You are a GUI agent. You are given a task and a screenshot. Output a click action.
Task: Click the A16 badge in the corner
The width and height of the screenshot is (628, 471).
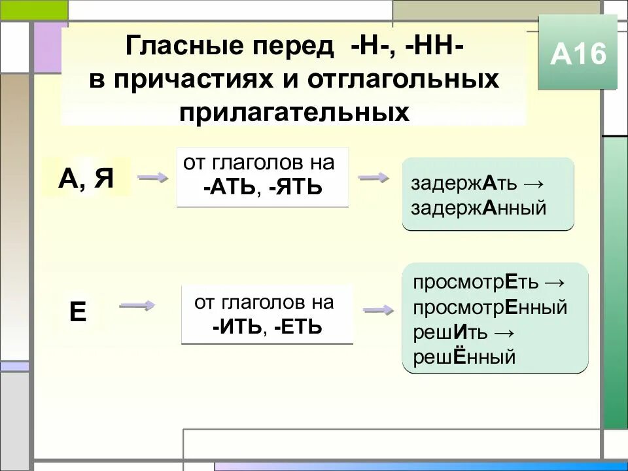578,54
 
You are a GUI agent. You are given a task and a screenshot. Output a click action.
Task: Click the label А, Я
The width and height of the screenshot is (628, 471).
85,177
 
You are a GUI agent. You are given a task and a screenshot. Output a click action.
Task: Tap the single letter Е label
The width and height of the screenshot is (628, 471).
78,312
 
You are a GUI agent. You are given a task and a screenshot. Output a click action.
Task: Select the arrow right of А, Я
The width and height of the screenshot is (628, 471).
152,177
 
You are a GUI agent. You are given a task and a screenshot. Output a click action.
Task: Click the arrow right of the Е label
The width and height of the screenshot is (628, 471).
137,305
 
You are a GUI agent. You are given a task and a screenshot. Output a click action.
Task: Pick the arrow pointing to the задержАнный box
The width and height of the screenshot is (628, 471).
374,177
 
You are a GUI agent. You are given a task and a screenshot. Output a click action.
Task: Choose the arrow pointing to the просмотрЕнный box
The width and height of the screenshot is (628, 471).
377,311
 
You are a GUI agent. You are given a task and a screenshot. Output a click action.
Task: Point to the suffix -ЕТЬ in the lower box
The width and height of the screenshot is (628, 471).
298,326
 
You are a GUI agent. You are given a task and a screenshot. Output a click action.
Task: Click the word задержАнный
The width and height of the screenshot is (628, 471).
478,209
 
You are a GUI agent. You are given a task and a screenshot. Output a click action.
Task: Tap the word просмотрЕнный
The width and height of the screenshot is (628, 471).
490,307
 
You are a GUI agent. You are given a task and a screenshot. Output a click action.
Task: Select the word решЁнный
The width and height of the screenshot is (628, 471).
464,357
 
